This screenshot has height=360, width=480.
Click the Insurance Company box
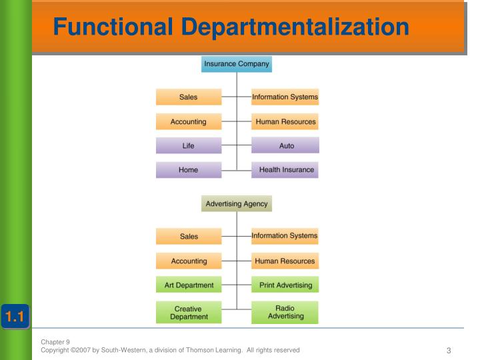[237, 64]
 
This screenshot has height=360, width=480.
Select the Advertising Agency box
[237, 203]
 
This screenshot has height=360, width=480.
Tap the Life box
[189, 146]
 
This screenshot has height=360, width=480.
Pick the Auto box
[285, 146]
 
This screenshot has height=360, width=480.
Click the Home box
[189, 170]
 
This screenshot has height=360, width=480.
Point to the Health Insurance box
[285, 170]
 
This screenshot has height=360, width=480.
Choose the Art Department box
[189, 285]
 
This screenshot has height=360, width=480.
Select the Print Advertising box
[285, 285]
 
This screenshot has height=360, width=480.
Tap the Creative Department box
[189, 313]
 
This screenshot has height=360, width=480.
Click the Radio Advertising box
[285, 312]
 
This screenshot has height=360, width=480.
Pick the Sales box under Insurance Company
[189, 97]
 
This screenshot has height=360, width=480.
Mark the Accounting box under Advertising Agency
[189, 261]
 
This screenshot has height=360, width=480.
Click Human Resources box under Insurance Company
[285, 122]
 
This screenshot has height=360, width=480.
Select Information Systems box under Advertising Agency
[285, 235]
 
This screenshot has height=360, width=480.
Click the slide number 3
[449, 351]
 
